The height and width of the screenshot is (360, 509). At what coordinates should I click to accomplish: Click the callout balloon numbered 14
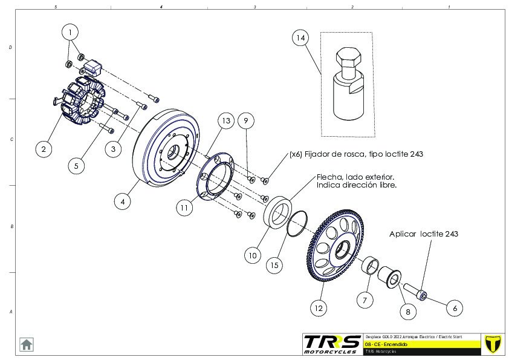point(300,38)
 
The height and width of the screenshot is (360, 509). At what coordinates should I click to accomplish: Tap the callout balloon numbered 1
point(70,31)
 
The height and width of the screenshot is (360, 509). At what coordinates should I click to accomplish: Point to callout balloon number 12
point(319,307)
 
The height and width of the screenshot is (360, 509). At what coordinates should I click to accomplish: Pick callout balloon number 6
point(455,308)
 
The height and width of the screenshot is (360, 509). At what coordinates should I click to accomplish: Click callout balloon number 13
point(225,121)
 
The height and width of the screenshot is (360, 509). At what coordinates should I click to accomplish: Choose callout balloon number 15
point(274,264)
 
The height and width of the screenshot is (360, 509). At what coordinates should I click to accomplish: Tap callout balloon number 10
point(253,255)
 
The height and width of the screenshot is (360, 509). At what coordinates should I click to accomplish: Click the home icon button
point(27,344)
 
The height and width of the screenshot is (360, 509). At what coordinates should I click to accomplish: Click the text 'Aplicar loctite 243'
point(427,234)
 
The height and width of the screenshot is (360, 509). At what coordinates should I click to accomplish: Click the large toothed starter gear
point(336,244)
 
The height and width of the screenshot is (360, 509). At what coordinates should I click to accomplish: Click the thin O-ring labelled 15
point(296,223)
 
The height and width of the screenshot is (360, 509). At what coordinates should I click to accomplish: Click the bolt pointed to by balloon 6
point(415,290)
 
